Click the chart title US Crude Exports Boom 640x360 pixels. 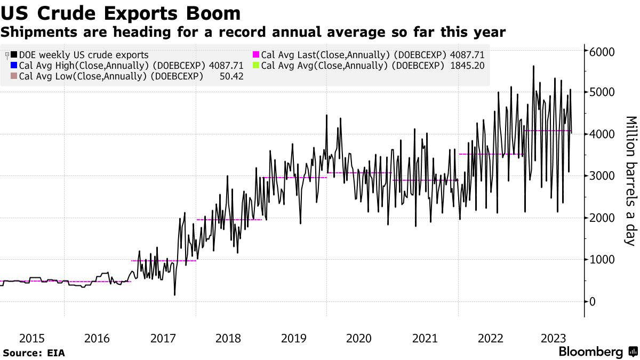[x=121, y=13]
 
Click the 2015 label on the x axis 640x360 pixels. [x=31, y=338]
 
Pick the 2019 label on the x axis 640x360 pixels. [x=293, y=338]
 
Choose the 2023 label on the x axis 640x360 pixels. [x=554, y=338]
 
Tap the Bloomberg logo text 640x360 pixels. [x=590, y=352]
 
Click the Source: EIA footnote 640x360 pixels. [x=33, y=353]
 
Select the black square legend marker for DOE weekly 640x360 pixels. [x=14, y=54]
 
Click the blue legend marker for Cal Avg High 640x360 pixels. [x=14, y=66]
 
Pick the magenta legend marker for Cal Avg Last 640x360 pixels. [x=256, y=54]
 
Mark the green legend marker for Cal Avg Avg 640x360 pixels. [x=256, y=66]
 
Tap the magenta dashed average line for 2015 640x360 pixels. [x=32, y=281]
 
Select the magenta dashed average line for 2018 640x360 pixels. [x=229, y=219]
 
